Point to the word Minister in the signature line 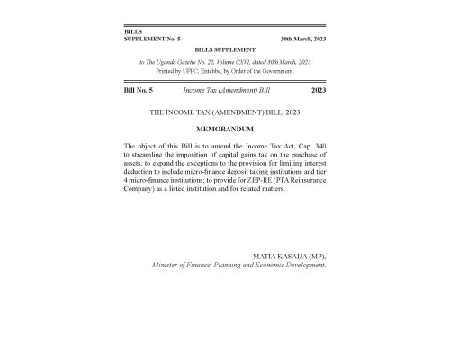click(170, 266)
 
